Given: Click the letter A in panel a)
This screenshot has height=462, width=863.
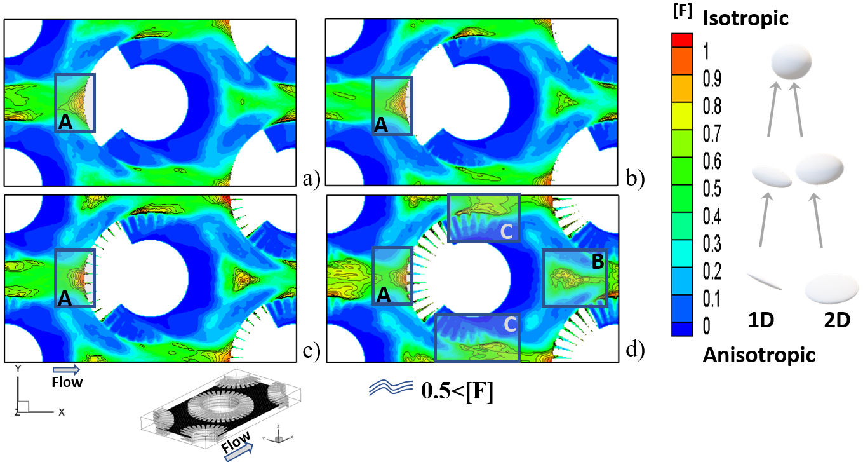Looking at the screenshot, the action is click(x=65, y=122).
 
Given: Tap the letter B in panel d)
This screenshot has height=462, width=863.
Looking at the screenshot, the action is click(x=598, y=261).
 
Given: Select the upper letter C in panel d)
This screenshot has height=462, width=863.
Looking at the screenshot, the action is click(x=506, y=231).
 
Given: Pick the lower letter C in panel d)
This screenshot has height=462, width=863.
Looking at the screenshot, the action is click(x=510, y=325).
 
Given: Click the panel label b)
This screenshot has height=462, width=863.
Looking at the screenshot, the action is click(x=635, y=178).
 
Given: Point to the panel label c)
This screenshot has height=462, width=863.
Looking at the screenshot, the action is click(x=311, y=351).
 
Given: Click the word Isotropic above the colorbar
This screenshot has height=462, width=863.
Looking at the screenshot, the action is click(x=746, y=18).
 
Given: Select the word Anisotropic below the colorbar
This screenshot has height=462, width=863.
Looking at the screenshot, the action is click(x=759, y=355).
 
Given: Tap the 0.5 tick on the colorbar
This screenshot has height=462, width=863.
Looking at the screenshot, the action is click(x=712, y=189).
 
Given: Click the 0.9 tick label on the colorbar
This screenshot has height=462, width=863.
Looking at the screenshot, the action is click(x=712, y=79).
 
